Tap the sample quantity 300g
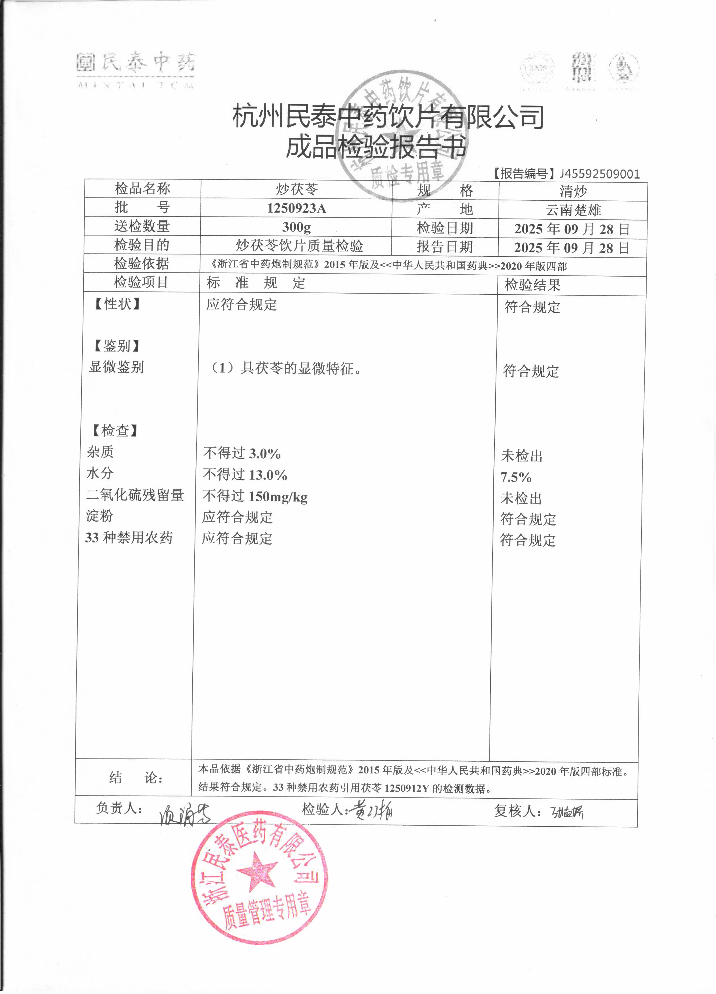pos(297,227)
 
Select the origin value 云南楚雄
pos(573,210)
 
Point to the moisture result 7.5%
pos(516,477)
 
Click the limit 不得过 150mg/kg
pos(255,497)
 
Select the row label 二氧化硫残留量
pos(135,495)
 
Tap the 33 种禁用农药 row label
pos(129,538)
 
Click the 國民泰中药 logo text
pos(136,63)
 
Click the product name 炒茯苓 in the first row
pos(297,189)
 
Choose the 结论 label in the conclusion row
pos(136,778)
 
